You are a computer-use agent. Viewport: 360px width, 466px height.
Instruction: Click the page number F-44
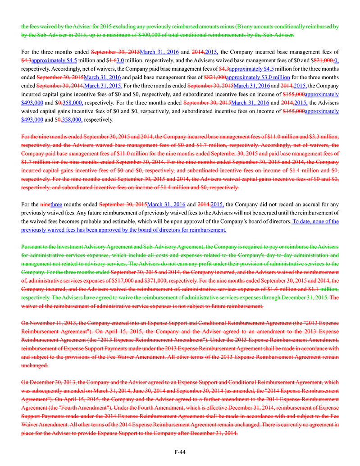pos(180,452)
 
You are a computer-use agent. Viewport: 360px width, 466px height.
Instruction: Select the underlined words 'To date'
pos(303,222)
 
